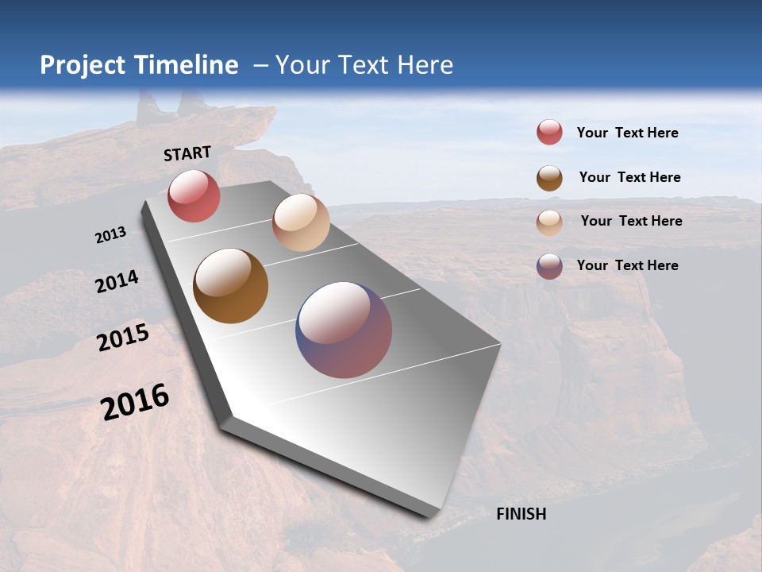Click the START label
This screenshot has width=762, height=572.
pyautogui.click(x=187, y=153)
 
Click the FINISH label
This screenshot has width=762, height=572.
pyautogui.click(x=521, y=514)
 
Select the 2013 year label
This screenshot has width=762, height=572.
pyautogui.click(x=110, y=235)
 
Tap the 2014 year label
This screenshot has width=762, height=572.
pyautogui.click(x=117, y=281)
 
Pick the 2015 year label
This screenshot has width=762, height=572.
pyautogui.click(x=123, y=338)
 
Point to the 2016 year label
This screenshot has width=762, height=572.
pyautogui.click(x=135, y=402)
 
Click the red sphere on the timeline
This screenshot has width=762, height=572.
pyautogui.click(x=194, y=195)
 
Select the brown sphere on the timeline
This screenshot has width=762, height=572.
pyautogui.click(x=230, y=286)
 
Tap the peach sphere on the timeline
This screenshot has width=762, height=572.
pyautogui.click(x=301, y=222)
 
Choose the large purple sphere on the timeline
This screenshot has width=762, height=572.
pyautogui.click(x=344, y=330)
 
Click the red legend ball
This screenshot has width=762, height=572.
pyautogui.click(x=549, y=133)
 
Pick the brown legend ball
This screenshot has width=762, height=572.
pyautogui.click(x=549, y=177)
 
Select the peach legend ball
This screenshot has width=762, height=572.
pyautogui.click(x=549, y=222)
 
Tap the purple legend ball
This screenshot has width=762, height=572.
pyautogui.click(x=549, y=266)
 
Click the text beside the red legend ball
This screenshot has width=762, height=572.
pyautogui.click(x=627, y=133)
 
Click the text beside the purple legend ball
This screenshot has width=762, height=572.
pyautogui.click(x=627, y=265)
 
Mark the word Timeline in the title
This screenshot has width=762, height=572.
pyautogui.click(x=187, y=65)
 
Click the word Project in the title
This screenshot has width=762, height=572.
pyautogui.click(x=83, y=65)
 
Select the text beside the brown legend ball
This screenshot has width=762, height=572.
pyautogui.click(x=629, y=177)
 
